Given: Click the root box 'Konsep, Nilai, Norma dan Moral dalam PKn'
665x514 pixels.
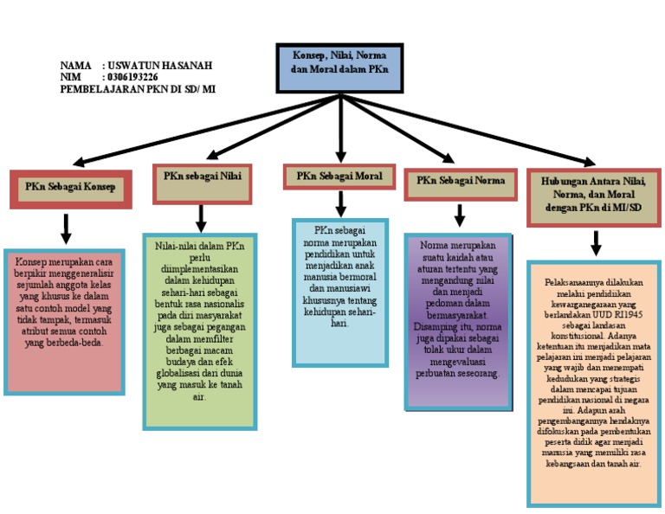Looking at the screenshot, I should pos(339,67).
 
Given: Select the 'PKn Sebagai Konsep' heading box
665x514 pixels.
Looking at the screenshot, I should pos(70,188).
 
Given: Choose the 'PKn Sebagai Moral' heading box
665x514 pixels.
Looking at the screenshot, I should pos(339,177).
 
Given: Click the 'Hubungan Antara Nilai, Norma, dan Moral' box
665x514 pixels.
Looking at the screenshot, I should pos(594,196).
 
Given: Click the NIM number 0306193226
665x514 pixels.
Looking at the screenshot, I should pos(133,77).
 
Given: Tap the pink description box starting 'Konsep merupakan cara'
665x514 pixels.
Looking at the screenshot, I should pos(65,320).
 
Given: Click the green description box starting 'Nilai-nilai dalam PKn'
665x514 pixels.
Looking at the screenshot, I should pos(200,330).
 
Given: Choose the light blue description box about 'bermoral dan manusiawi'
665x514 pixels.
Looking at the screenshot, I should pos(339,292).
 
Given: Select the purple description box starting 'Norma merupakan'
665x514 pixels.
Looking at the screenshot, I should pos(459,320).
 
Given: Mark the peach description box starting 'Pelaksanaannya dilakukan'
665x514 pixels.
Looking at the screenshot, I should pos(594,382).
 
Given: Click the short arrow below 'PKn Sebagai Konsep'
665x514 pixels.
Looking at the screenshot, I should pos(66,228).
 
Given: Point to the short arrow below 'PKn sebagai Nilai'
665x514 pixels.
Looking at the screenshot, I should pos(201,217).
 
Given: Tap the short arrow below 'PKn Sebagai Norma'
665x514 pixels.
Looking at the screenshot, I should pos(460,215).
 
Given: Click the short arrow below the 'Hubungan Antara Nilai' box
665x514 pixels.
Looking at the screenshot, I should pos(596,243).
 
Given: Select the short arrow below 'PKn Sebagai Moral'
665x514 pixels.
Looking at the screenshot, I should pos(340,203).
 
